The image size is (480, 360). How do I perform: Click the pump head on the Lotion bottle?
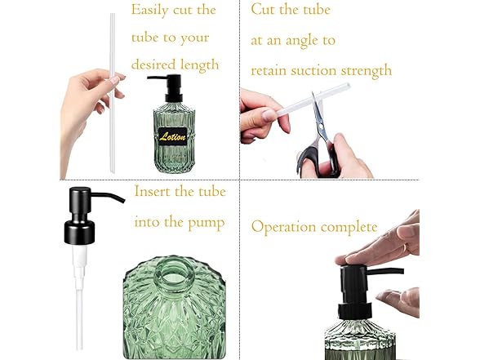click(167, 86)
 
